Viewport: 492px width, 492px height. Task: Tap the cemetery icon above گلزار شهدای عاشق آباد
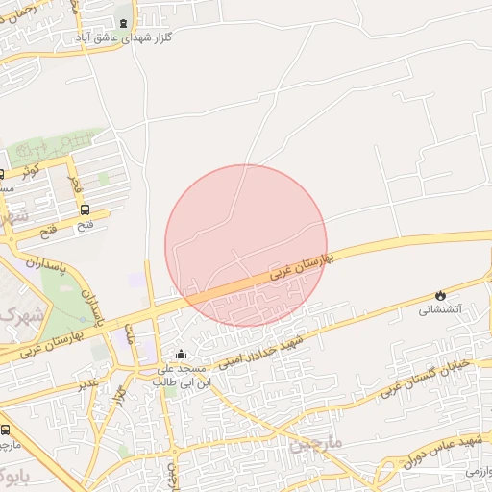pyautogui.click(x=122, y=22)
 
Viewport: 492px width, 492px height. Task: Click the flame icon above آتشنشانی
pyautogui.click(x=440, y=294)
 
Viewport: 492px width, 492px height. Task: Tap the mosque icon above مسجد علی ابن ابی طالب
pyautogui.click(x=181, y=355)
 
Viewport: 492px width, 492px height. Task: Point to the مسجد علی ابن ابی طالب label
pyautogui.click(x=182, y=375)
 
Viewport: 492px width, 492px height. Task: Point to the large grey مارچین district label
pyautogui.click(x=316, y=447)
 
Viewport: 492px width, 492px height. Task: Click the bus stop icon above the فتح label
pyautogui.click(x=86, y=209)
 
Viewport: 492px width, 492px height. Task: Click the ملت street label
pyautogui.click(x=129, y=333)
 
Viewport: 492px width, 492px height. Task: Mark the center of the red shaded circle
pyautogui.click(x=246, y=245)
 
